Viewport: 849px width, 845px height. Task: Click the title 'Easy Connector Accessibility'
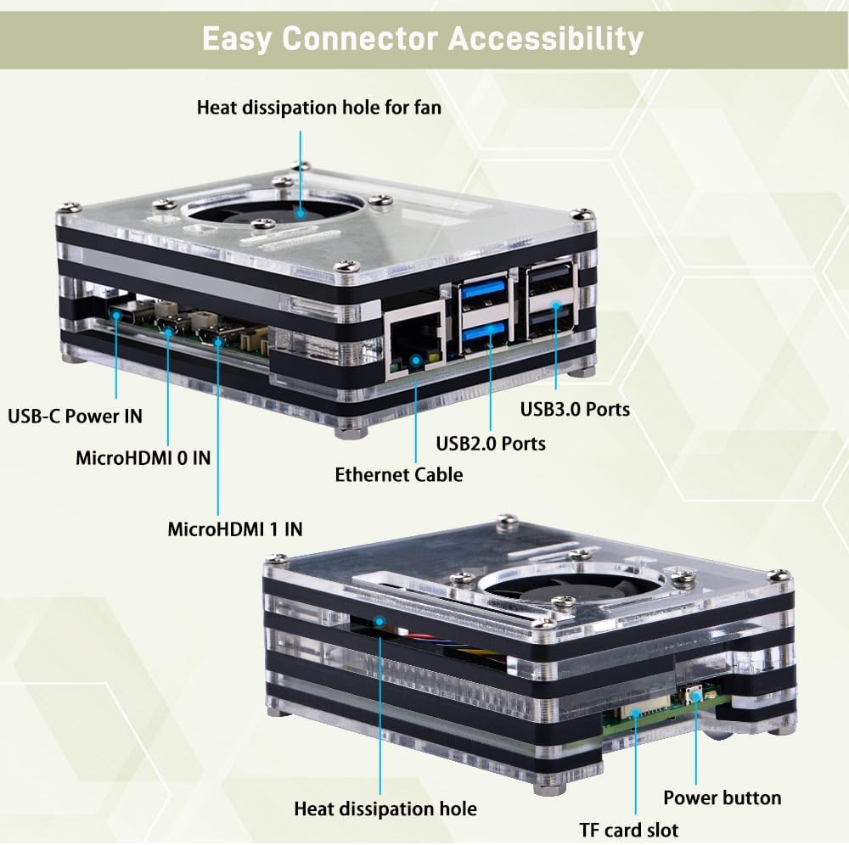422,39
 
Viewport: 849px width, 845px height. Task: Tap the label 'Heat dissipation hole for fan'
319,108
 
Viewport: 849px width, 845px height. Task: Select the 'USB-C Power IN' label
75,416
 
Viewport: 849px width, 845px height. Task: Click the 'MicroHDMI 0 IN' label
143,458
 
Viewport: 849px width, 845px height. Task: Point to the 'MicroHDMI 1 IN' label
235,529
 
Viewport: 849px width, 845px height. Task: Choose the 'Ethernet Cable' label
399,474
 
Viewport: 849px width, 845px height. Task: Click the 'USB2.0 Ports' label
491,443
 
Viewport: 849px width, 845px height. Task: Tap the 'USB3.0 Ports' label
575,409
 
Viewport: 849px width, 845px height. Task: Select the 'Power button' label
722,797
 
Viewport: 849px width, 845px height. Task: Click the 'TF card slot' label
629,830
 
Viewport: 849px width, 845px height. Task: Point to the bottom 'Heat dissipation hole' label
385,809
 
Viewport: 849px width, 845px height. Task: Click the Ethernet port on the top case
414,344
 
